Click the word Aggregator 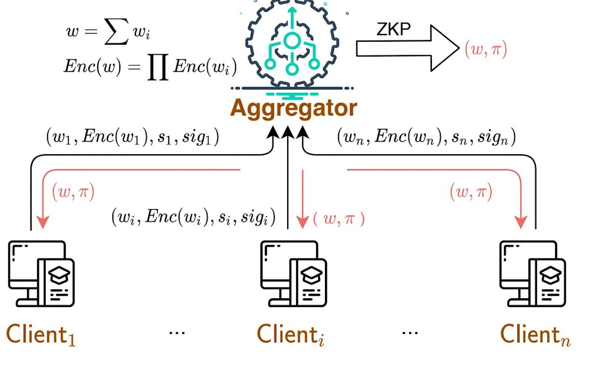point(293,108)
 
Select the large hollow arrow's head point(444,48)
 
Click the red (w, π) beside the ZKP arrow point(485,50)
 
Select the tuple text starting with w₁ point(133,138)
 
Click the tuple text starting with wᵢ point(193,216)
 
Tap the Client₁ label point(41,335)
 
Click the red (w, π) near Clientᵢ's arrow point(339,219)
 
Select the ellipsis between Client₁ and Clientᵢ point(177,333)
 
